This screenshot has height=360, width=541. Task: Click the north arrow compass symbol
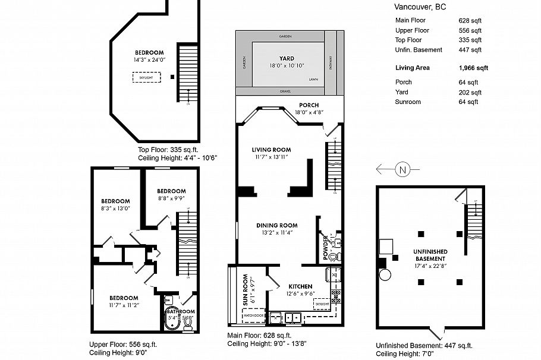pos(402,170)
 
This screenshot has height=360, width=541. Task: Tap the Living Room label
pos(271,149)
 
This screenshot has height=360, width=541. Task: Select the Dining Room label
pos(276,225)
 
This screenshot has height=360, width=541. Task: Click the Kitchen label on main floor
pos(300,286)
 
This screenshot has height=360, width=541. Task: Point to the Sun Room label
pos(245,290)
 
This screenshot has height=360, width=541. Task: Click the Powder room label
pos(326,245)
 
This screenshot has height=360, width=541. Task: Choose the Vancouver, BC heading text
pos(420,7)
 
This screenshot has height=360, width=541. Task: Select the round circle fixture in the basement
pos(383,275)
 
